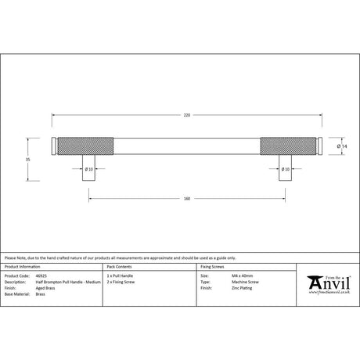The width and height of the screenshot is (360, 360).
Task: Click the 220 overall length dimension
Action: [186, 115]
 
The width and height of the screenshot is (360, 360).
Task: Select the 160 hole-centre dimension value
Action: [186, 198]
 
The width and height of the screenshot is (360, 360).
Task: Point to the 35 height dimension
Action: [28, 160]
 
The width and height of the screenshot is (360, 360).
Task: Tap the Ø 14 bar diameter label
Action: [341, 147]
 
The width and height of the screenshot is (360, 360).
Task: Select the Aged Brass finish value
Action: [45, 288]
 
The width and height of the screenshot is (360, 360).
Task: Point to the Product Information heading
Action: [23, 267]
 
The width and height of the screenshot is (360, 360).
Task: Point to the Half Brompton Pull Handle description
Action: [70, 283]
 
